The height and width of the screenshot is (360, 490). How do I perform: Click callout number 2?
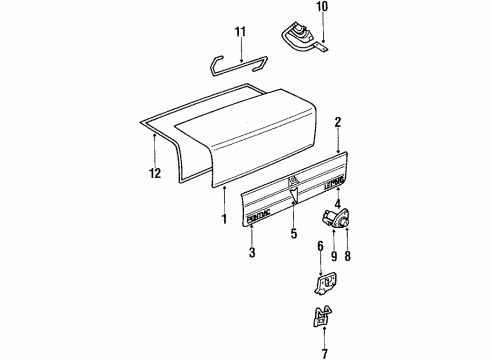(x=339, y=122)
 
